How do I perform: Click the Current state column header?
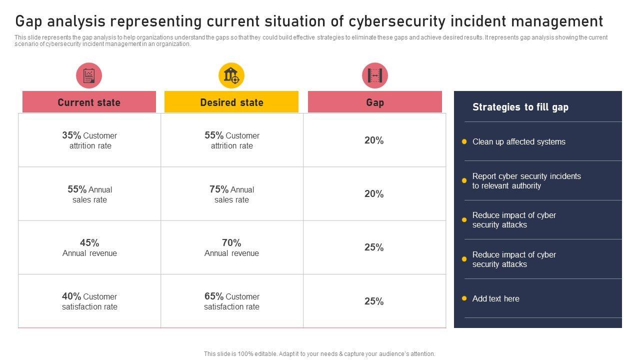89,102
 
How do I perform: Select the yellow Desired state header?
231,102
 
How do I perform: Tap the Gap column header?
374,102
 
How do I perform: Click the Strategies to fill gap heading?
520,107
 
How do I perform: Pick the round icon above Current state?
89,76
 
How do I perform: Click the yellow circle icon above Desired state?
231,76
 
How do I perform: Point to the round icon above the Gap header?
374,76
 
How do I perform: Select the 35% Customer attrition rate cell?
89,140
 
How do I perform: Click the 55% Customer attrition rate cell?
232,140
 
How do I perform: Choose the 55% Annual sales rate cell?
89,194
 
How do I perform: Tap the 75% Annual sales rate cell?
232,194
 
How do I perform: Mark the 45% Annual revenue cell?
89,248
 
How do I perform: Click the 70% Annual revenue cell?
232,248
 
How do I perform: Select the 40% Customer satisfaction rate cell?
89,301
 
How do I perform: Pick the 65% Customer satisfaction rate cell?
232,301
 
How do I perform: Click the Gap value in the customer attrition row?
374,141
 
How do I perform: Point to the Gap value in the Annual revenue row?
374,248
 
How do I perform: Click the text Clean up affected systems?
518,142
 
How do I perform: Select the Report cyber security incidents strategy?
526,181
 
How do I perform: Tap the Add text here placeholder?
495,299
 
